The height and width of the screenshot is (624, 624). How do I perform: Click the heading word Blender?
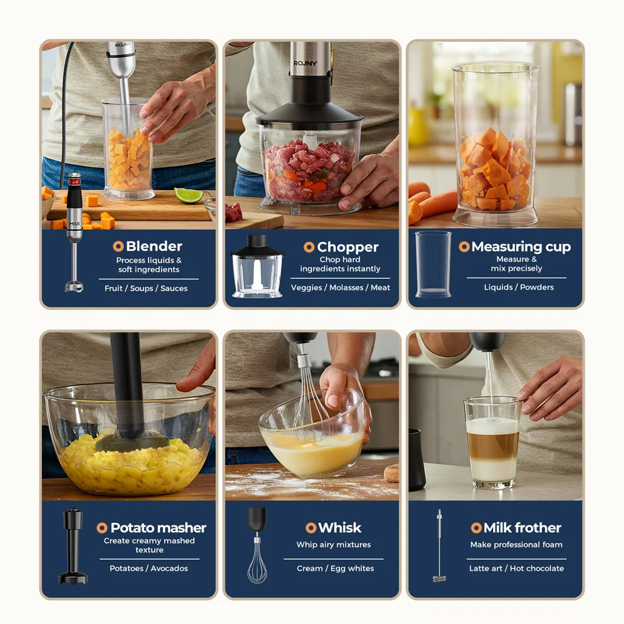point(154,246)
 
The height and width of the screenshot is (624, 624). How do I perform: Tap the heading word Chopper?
point(348,247)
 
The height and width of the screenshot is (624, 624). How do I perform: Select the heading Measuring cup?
point(520,246)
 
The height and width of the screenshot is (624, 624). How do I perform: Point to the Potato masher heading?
point(158,528)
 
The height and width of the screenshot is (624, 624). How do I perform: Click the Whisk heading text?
point(339,528)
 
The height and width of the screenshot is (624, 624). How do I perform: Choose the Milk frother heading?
point(522,528)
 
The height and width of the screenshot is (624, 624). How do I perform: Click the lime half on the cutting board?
point(188,195)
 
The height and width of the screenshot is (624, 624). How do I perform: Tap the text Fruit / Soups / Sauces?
point(146,288)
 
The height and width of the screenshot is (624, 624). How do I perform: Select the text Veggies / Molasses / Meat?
point(340,288)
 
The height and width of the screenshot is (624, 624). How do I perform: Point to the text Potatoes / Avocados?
point(149,568)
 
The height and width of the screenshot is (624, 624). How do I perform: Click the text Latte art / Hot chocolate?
point(516,568)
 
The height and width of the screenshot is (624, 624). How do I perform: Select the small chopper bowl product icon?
point(257,266)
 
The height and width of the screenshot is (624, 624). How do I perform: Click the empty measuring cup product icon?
point(433,263)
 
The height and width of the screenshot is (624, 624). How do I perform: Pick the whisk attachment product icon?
point(256,545)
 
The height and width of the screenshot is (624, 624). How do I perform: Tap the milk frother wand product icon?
point(439,546)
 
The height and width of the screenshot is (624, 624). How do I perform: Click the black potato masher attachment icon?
point(72,546)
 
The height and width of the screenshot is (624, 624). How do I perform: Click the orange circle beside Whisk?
point(311,528)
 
